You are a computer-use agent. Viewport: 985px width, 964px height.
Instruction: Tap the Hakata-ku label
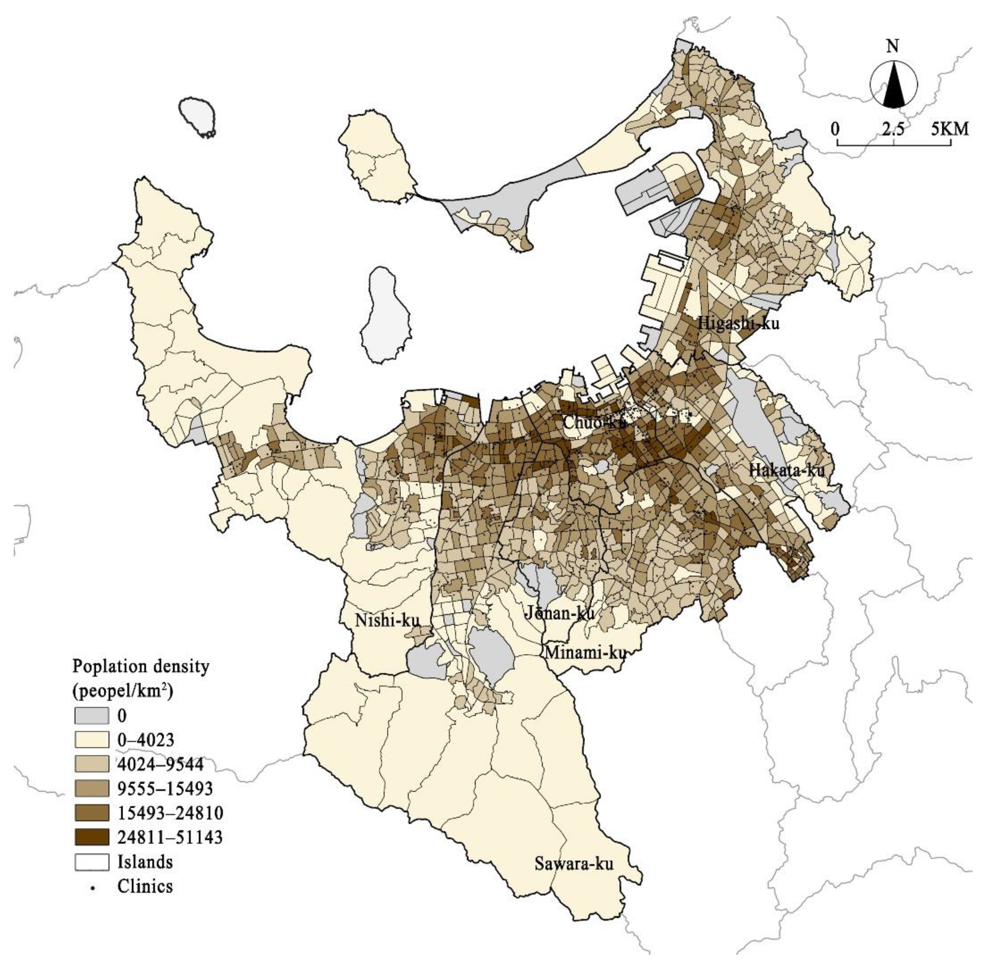(x=787, y=470)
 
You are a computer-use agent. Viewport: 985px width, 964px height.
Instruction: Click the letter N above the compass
(x=893, y=47)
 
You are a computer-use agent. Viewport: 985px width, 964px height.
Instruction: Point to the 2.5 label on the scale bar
(x=893, y=129)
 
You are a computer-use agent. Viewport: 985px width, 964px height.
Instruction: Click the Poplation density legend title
(x=140, y=666)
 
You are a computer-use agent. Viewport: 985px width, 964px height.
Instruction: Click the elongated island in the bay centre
(x=385, y=317)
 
